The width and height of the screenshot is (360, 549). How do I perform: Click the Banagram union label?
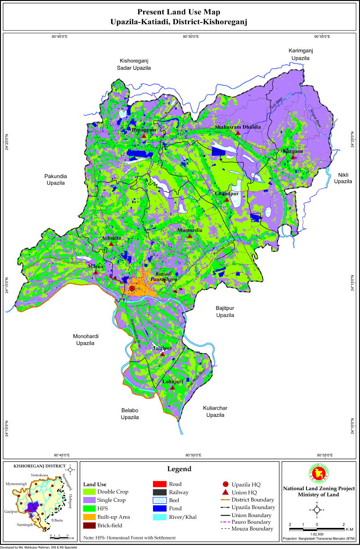pos(144,129)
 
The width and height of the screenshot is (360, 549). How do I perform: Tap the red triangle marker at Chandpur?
pos(227,199)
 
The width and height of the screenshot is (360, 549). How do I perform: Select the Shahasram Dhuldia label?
pos(238,127)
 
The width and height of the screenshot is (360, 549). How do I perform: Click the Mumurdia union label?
pos(189,230)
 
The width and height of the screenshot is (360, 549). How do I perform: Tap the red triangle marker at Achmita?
pos(111,244)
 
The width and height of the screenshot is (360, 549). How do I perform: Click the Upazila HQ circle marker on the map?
pos(132,289)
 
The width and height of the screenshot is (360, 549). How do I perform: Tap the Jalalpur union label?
pos(162,348)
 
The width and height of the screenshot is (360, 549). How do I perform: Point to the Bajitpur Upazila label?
pos(225,312)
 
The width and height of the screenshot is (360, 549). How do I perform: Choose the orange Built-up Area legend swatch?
pos(90,517)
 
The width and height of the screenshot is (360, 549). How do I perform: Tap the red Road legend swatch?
pos(160,484)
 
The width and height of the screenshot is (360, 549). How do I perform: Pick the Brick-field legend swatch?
pos(90,525)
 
